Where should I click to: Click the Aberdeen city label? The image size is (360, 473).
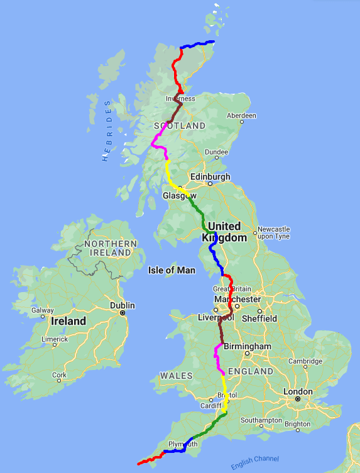tap(242, 116)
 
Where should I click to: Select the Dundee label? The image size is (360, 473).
tap(217, 151)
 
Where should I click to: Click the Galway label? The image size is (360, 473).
tap(43, 310)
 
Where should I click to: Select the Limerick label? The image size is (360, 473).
tap(55, 339)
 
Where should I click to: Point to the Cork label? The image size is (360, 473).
tap(60, 375)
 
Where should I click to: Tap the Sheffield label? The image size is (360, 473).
tap(259, 318)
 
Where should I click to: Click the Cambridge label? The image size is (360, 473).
tap(305, 361)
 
